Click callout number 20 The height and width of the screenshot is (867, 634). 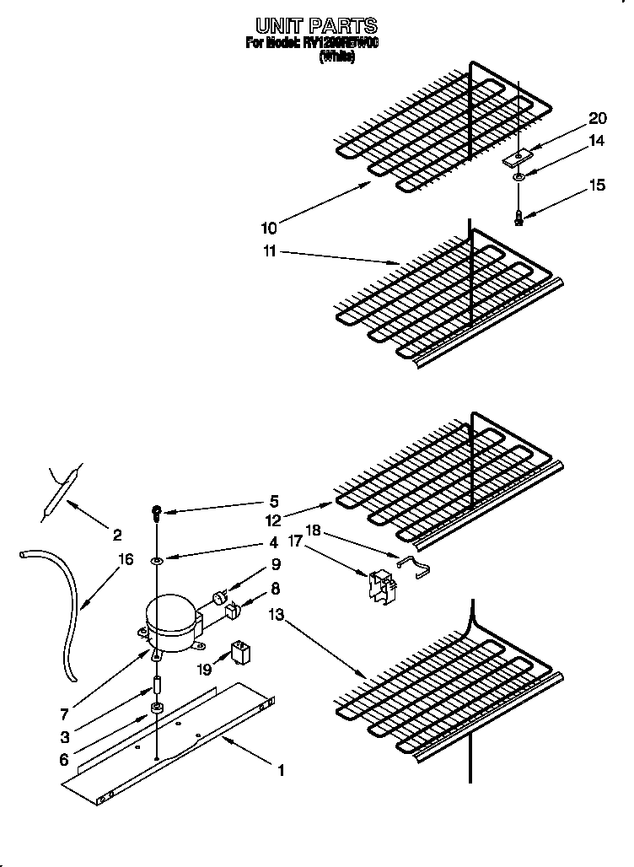pyautogui.click(x=597, y=118)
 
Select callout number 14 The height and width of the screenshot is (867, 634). pyautogui.click(x=597, y=141)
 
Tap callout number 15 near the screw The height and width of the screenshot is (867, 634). pyautogui.click(x=597, y=186)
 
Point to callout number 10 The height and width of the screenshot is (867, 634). pyautogui.click(x=268, y=227)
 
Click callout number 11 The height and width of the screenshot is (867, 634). pyautogui.click(x=268, y=251)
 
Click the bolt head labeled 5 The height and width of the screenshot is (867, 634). pyautogui.click(x=157, y=510)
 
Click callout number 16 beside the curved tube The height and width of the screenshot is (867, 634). pyautogui.click(x=126, y=559)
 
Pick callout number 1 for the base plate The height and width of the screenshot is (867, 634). pyautogui.click(x=282, y=770)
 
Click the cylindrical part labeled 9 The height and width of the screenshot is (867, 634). pyautogui.click(x=221, y=597)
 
